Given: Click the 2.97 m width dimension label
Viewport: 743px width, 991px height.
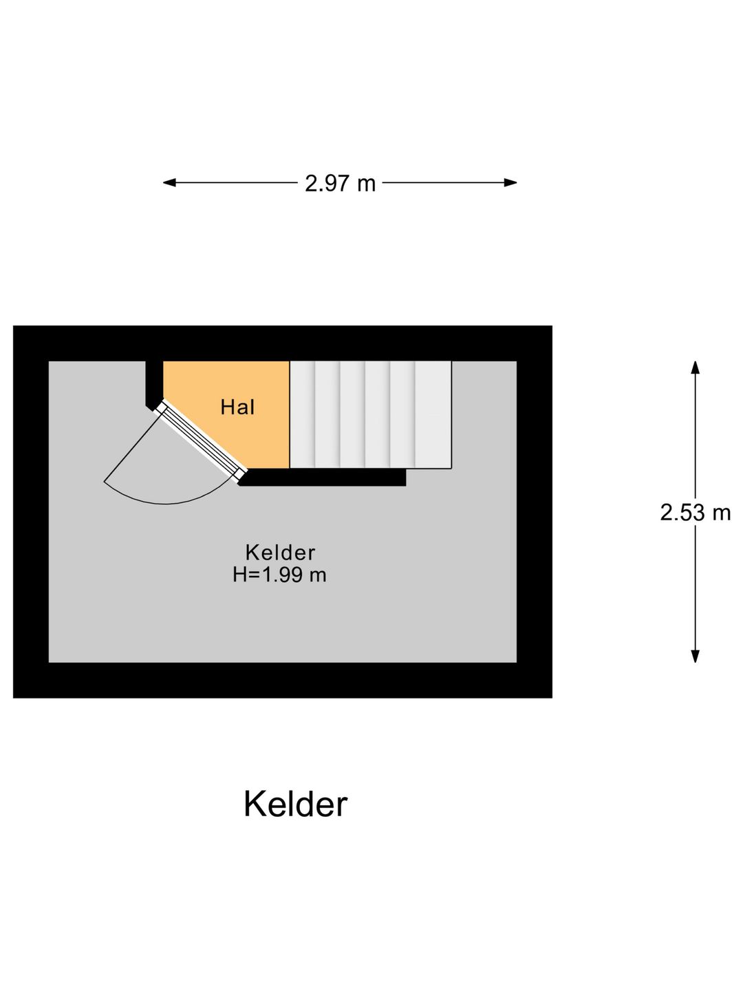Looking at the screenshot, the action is coord(340,183).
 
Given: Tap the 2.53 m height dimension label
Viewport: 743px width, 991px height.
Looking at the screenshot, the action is coord(695,513).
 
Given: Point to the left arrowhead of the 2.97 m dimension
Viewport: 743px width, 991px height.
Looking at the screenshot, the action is coord(169,183).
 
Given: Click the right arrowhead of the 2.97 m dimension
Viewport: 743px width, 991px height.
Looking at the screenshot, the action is coord(510,183).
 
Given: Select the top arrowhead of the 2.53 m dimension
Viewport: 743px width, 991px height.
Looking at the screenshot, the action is coord(695,367).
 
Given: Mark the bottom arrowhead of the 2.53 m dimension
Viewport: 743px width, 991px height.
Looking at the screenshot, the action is coord(695,656).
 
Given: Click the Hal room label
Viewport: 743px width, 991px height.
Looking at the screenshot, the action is coord(237,407).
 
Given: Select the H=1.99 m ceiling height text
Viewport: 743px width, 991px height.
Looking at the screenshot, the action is coord(279,575).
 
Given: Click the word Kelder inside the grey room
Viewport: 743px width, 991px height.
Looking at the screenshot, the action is coord(280,553).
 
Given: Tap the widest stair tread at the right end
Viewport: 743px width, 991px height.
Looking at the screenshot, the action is coord(433,414).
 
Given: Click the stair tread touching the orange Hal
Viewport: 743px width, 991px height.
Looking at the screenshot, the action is coord(302,414).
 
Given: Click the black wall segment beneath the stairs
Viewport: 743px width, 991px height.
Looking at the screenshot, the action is coord(323,477).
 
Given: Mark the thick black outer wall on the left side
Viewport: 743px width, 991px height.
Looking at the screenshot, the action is coord(31,512).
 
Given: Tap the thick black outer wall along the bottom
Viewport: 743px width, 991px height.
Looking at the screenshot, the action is coord(282,681).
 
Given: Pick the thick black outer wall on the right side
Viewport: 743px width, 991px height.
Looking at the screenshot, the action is coord(535,512).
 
